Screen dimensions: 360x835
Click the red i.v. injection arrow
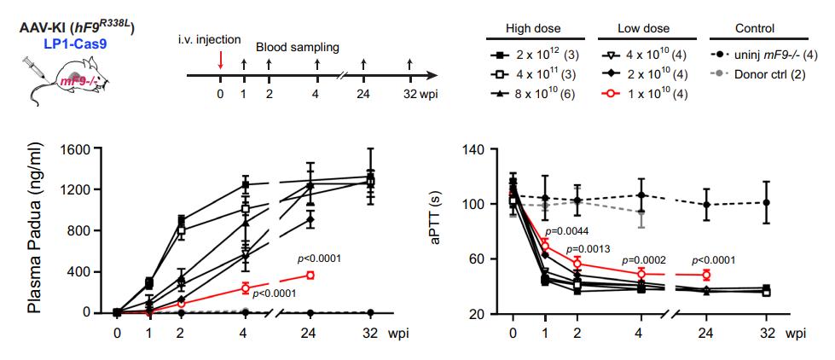tap(220, 61)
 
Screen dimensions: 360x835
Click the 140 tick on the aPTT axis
tap(473, 149)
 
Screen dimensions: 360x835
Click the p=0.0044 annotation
tap(567, 231)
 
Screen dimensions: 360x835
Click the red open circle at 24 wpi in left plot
tap(310, 275)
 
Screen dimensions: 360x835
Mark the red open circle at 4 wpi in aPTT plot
tap(642, 274)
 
